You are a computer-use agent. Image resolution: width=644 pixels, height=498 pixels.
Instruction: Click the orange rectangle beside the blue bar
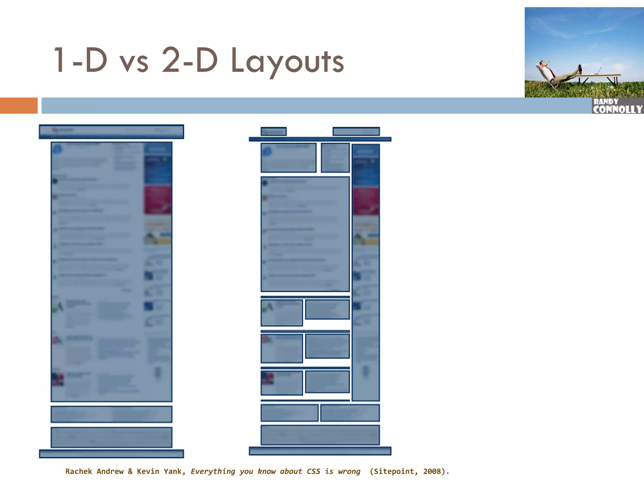pos(19,105)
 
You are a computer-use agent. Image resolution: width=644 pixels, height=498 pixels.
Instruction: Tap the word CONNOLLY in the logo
pos(618,109)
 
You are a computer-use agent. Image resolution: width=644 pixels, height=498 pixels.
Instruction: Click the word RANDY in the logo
pos(606,101)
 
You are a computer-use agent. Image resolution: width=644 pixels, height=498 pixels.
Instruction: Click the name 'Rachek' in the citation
pos(79,471)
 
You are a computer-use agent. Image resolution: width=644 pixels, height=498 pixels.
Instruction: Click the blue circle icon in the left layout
pos(57,149)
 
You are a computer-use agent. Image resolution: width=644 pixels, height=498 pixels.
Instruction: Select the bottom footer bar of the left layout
pos(111,454)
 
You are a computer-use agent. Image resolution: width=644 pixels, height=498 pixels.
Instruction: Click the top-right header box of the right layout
pos(356,131)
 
